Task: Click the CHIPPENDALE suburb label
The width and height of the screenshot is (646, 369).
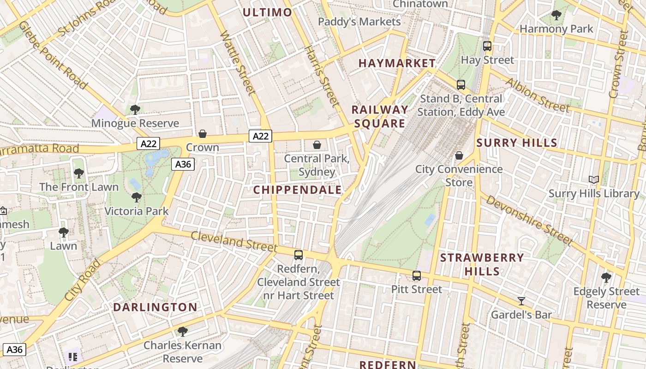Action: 298,190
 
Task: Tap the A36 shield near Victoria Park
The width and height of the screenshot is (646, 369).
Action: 183,164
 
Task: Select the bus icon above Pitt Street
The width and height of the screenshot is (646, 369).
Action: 417,276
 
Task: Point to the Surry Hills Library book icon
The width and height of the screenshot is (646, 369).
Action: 593,180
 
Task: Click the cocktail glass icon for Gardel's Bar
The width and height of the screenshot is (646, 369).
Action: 521,301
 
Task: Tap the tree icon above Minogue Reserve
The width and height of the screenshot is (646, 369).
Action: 135,110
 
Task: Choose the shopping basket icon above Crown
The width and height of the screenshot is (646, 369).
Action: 202,134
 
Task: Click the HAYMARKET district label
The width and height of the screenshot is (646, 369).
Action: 397,63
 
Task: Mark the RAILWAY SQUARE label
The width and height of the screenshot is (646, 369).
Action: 380,117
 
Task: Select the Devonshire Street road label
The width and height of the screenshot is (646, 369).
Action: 529,220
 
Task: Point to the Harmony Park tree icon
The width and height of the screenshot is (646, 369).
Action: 556,15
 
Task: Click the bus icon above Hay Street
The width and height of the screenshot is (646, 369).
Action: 487,46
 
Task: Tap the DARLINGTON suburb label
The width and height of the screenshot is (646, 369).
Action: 155,307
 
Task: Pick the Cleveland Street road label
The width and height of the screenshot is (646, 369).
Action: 234,241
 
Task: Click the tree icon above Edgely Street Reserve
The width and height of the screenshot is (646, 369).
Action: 606,278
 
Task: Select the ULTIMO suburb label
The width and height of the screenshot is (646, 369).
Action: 267,12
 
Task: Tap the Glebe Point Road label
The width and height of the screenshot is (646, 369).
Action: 54,54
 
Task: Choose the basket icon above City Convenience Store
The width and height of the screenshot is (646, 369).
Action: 459,155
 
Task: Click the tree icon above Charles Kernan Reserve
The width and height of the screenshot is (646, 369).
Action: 182,331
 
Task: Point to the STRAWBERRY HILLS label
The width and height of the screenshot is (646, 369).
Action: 482,264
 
